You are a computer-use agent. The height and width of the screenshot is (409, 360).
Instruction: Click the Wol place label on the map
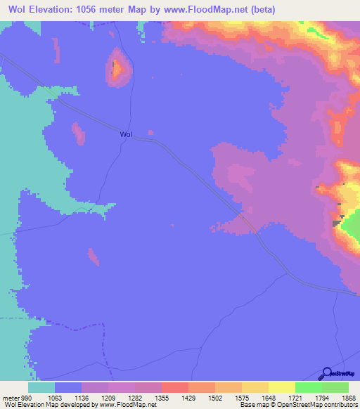[126, 134]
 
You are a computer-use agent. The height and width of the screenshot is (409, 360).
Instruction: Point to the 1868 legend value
[340, 397]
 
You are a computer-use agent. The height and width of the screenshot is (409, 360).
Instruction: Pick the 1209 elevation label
[108, 397]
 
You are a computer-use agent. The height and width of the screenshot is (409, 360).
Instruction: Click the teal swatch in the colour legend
[41, 387]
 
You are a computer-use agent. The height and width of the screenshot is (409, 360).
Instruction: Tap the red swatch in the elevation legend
[175, 387]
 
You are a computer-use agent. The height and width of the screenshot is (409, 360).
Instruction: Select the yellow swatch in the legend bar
[282, 387]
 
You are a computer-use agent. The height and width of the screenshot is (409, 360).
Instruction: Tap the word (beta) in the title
[259, 10]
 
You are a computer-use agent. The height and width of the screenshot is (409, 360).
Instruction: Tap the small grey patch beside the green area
[336, 223]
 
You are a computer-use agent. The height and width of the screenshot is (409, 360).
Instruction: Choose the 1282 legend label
[134, 397]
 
